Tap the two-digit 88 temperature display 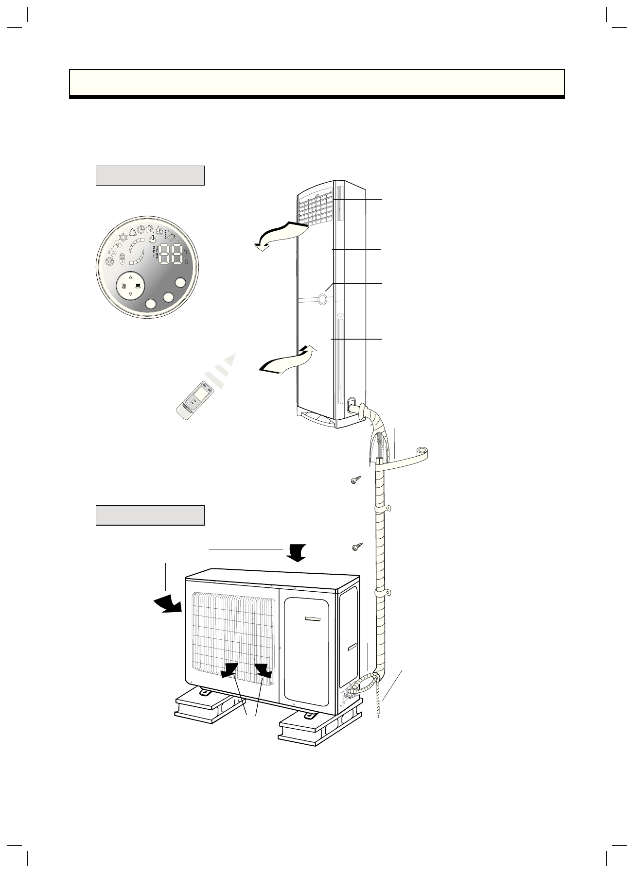(171, 254)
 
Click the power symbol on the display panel (152, 238)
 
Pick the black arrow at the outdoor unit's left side (168, 603)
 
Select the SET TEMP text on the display (155, 253)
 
